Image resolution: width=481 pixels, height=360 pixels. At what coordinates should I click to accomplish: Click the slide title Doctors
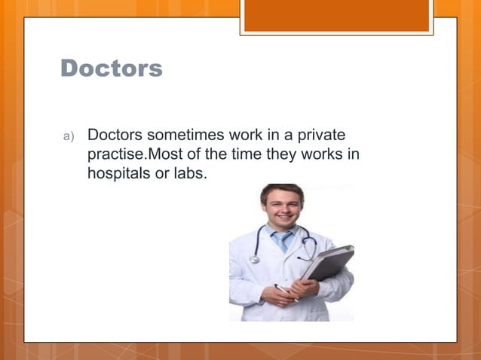(x=111, y=68)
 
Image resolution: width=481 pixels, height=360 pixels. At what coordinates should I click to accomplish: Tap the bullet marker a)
(x=68, y=136)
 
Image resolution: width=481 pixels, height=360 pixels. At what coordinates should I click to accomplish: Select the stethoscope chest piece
(x=254, y=260)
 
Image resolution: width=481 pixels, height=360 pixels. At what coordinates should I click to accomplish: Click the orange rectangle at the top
(x=336, y=16)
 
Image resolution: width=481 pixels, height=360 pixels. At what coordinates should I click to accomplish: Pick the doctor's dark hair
(x=281, y=189)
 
